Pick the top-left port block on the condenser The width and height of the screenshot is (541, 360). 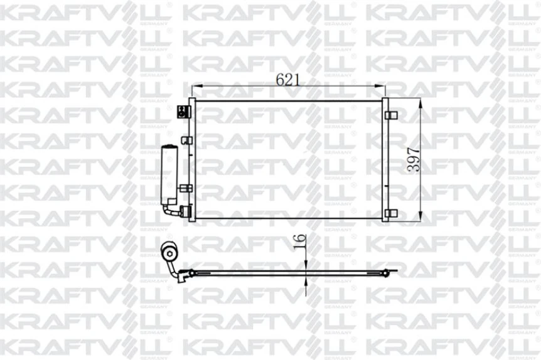coord(183,112)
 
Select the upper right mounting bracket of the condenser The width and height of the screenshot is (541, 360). coord(390,115)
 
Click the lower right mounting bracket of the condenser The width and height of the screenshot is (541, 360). coord(390,213)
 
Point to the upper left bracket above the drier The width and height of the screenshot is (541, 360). coord(185,140)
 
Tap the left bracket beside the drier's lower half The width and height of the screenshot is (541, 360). coord(186,188)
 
